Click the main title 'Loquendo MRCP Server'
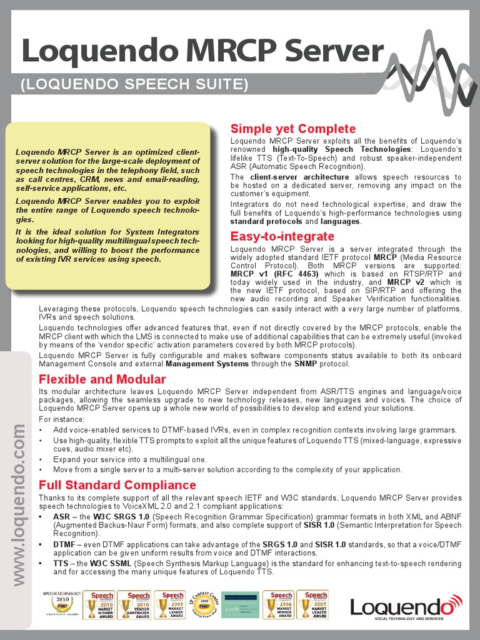(x=202, y=51)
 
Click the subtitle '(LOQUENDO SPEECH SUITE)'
(x=134, y=84)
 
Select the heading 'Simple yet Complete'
(x=292, y=129)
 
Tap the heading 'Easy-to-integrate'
(x=282, y=236)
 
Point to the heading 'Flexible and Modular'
(x=102, y=379)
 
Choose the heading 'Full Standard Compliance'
(x=117, y=485)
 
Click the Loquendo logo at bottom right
(x=406, y=606)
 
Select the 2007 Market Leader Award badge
(x=173, y=605)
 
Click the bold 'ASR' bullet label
(x=61, y=517)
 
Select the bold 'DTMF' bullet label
(x=65, y=544)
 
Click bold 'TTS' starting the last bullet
(x=61, y=563)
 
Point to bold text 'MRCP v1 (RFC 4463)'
(x=274, y=274)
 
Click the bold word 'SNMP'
(x=306, y=364)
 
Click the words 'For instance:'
(x=61, y=419)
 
